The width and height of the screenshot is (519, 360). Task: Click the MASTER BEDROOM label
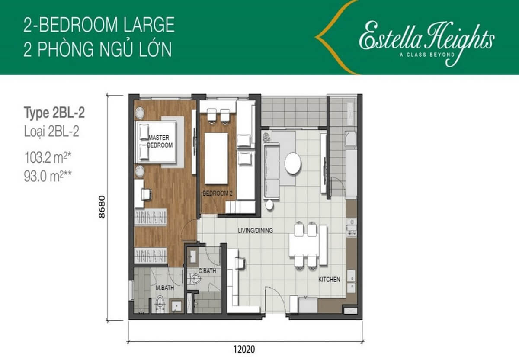pyautogui.click(x=160, y=141)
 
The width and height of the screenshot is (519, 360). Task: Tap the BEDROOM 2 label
pyautogui.click(x=217, y=193)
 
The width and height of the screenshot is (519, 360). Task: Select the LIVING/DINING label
pyautogui.click(x=255, y=231)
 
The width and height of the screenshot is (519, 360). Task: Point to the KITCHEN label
pyautogui.click(x=329, y=280)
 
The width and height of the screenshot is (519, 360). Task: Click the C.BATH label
pyautogui.click(x=207, y=271)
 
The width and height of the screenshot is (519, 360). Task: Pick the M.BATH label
pyautogui.click(x=165, y=288)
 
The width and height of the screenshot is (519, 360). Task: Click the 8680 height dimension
pyautogui.click(x=102, y=207)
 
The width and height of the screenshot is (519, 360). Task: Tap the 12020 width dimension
pyautogui.click(x=244, y=349)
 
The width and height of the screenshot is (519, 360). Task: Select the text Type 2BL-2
pyautogui.click(x=54, y=113)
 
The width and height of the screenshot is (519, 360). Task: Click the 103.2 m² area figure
pyautogui.click(x=47, y=158)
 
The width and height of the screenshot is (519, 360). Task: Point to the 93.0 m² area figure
pyautogui.click(x=48, y=176)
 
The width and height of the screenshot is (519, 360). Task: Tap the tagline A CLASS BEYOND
pyautogui.click(x=427, y=55)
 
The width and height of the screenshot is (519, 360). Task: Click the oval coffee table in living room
pyautogui.click(x=293, y=163)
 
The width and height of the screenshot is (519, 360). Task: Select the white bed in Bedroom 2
pyautogui.click(x=216, y=158)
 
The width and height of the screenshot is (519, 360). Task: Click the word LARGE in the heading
pyautogui.click(x=149, y=25)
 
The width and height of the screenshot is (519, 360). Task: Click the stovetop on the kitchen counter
pyautogui.click(x=352, y=228)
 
